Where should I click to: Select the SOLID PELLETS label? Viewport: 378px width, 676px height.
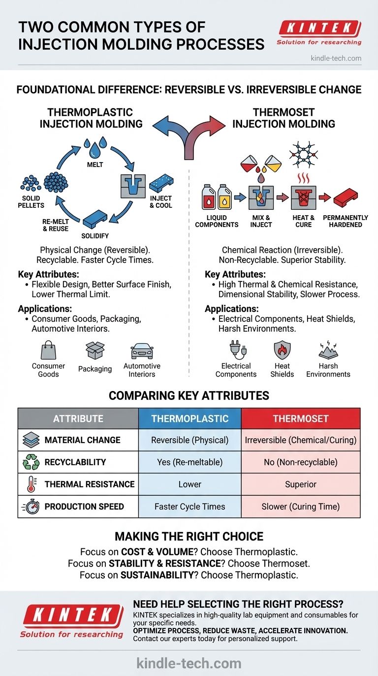click(31, 202)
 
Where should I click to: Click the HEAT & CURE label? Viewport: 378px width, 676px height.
click(303, 221)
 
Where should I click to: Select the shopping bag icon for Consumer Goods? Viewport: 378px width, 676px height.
click(48, 351)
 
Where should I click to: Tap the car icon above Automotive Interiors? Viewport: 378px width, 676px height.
click(142, 351)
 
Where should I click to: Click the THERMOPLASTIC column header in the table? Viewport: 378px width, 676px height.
click(189, 419)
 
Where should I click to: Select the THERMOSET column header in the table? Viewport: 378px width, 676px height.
click(300, 419)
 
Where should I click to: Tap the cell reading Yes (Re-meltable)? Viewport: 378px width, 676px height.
click(189, 462)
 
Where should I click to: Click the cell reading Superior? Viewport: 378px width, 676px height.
click(300, 484)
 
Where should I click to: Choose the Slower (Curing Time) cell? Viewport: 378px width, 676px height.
click(300, 507)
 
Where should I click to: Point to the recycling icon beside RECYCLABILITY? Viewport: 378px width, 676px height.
click(31, 462)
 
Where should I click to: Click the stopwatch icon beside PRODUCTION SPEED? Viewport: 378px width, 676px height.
click(31, 507)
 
